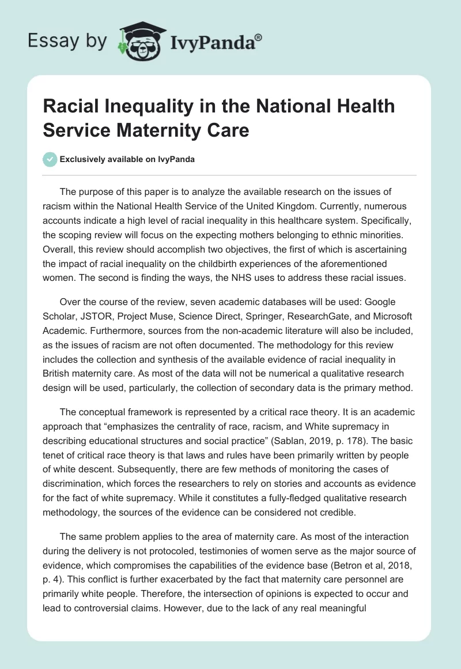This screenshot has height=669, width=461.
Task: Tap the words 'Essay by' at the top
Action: point(67,40)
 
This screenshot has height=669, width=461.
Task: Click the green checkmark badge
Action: point(51,159)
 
